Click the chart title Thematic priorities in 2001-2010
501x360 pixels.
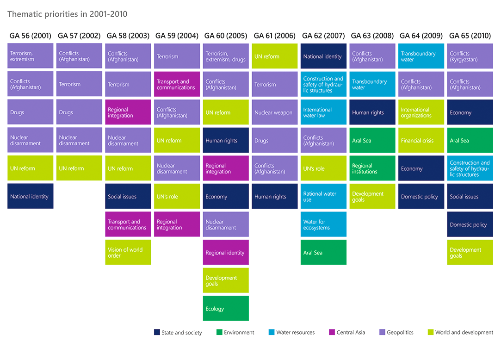(67, 14)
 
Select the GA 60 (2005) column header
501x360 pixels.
(226, 36)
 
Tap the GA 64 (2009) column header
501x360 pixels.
(421, 36)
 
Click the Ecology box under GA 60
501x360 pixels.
(226, 308)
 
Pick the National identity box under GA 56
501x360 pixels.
(31, 196)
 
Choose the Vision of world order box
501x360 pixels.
(128, 252)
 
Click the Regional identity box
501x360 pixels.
(226, 252)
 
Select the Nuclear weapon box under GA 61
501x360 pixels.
(275, 112)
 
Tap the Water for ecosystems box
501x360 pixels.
(323, 224)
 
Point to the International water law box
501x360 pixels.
(323, 112)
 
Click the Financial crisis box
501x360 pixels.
(421, 140)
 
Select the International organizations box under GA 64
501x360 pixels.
(421, 112)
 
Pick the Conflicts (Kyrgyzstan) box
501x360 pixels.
(470, 56)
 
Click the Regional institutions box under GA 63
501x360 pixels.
(372, 168)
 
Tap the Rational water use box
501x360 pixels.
(323, 196)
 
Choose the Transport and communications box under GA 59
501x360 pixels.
(177, 84)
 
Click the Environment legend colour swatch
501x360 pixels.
(219, 332)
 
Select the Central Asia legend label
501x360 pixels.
(351, 332)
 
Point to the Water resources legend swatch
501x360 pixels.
(272, 332)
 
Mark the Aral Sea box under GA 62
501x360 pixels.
(323, 252)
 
